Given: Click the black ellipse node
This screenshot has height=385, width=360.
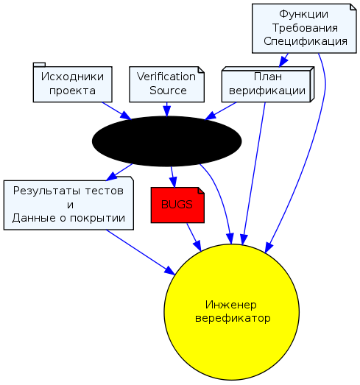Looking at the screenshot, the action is tap(166, 141).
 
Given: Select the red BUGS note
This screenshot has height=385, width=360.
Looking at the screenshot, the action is tap(177, 205).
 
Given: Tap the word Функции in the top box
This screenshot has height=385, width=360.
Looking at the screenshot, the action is tap(304, 15).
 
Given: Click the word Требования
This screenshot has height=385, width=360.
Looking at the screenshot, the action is tap(305, 28).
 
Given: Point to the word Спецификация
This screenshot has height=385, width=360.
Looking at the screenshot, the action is tap(306, 41).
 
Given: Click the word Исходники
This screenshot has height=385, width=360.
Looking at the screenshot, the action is tap(72, 77).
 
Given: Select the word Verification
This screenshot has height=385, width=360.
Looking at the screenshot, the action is tap(166, 77).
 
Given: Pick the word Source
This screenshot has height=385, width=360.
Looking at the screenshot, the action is tap(168, 91).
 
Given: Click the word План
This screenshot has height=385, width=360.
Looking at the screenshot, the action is tap(268, 77).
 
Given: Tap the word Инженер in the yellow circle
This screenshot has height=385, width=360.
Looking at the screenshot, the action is tap(231, 305).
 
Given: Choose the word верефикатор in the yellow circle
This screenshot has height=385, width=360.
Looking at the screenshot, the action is tap(233, 319).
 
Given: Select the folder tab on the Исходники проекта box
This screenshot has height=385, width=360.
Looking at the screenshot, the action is tap(39, 65).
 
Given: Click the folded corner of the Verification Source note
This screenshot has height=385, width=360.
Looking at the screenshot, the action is tap(202, 70).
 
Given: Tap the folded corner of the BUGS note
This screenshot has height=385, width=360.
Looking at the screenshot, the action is tap(202, 190).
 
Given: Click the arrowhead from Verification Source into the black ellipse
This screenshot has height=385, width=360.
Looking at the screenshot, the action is tap(166, 112).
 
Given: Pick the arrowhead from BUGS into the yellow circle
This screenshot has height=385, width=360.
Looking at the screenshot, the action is tap(197, 246).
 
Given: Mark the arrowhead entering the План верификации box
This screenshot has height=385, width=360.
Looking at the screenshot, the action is tap(283, 61).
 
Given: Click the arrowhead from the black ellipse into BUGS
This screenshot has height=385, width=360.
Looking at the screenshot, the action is tap(173, 183).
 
